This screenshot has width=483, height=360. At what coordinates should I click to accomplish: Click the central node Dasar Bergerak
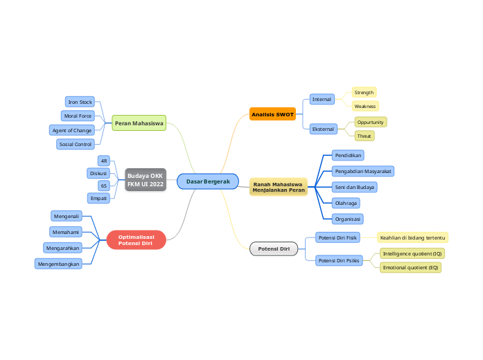pos(208,181)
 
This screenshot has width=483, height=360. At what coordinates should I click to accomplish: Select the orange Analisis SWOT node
pos(272,114)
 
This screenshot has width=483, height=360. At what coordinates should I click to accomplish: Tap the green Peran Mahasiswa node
pos(139,123)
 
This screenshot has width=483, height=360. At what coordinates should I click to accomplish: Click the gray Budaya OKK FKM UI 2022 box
pos(146,180)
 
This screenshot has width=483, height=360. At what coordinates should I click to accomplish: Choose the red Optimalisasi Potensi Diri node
pos(136,240)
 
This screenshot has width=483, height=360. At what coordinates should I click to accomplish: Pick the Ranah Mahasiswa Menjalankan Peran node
pos(279,187)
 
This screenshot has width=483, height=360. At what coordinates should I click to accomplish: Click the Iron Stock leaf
pos(80,102)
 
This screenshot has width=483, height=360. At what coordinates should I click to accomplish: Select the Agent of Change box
pos(71,130)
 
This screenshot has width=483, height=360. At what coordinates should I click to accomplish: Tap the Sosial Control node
pos(76,144)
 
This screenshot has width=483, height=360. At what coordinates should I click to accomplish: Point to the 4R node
pos(104,161)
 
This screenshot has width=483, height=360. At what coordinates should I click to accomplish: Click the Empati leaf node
pos(99,199)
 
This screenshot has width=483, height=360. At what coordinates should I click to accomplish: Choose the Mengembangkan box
pos(59,264)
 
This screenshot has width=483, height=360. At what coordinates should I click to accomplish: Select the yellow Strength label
pos(364,92)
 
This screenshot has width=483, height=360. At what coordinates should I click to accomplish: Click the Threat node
pos(365,136)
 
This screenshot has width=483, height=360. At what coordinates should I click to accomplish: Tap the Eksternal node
pos(323,129)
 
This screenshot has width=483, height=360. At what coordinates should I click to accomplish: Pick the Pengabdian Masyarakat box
pos(363,170)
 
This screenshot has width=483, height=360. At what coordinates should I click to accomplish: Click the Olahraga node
pos(346,203)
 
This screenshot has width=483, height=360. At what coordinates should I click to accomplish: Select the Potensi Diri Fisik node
pos(337,237)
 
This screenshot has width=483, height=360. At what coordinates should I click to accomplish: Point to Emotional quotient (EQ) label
pos(410,267)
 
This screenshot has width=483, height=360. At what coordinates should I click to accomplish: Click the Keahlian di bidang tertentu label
pos(412,237)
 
